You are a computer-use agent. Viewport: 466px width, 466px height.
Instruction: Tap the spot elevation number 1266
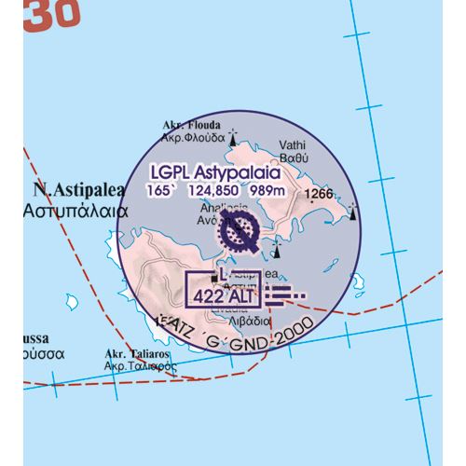319,194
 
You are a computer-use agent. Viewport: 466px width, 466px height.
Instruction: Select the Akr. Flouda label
190,123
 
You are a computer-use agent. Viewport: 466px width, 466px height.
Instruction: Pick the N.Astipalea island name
64,189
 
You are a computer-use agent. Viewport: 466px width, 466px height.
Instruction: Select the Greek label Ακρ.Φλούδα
192,136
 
